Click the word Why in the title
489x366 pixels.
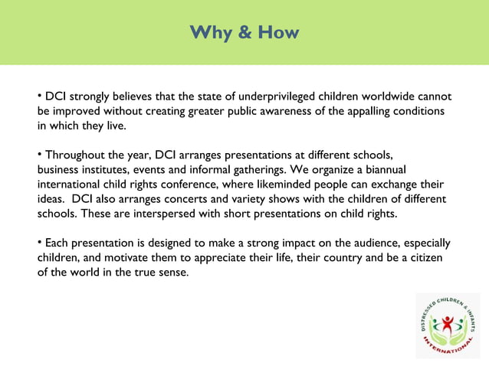pos(209,33)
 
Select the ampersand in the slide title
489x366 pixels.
pos(244,33)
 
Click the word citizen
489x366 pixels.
pos(428,258)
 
